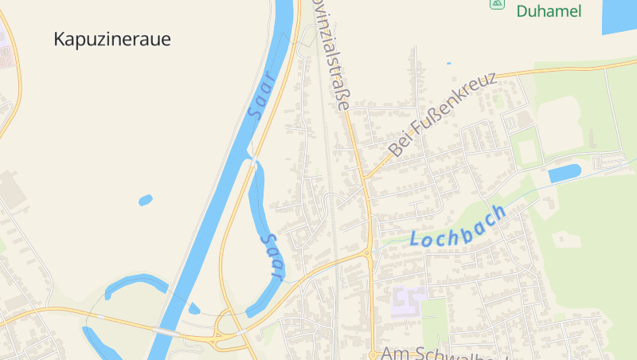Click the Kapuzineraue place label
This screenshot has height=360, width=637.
tap(112, 39)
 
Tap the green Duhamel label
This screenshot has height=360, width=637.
tap(549, 11)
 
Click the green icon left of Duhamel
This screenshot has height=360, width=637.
tap(498, 4)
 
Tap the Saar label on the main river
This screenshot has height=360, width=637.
tap(261, 96)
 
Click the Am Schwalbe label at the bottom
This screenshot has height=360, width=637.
tap(443, 353)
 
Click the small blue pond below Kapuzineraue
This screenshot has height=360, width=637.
tap(145, 200)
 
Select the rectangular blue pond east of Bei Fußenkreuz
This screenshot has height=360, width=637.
tap(564, 174)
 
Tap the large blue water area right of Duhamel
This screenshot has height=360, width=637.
tap(619, 16)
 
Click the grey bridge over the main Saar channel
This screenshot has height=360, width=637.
tap(166, 331)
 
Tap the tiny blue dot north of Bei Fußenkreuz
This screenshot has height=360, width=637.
tap(448, 63)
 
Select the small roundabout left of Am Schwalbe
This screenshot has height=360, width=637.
tap(373, 353)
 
